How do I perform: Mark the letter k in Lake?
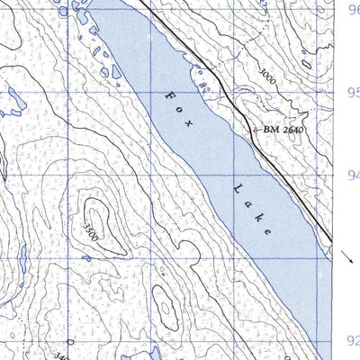pyautogui.click(x=258, y=217)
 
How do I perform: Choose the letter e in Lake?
pyautogui.click(x=268, y=230)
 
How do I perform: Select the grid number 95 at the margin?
pyautogui.click(x=353, y=93)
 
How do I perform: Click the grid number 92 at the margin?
pyautogui.click(x=353, y=341)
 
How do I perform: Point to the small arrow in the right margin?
pyautogui.click(x=348, y=258)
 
